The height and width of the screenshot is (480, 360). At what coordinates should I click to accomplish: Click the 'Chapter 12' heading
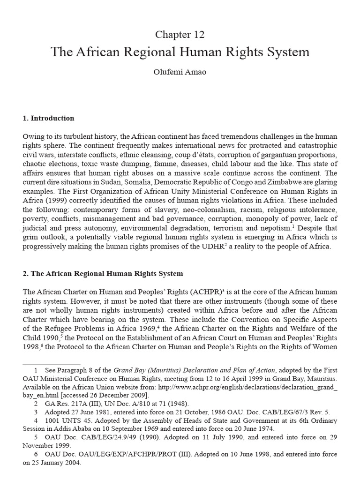pyautogui.click(x=180, y=35)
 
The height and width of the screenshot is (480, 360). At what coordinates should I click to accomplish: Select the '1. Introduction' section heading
pyautogui.click(x=48, y=118)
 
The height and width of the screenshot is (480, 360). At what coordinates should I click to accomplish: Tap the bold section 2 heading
pyautogui.click(x=103, y=273)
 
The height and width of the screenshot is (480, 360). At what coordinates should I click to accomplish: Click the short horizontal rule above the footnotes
pyautogui.click(x=52, y=362)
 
